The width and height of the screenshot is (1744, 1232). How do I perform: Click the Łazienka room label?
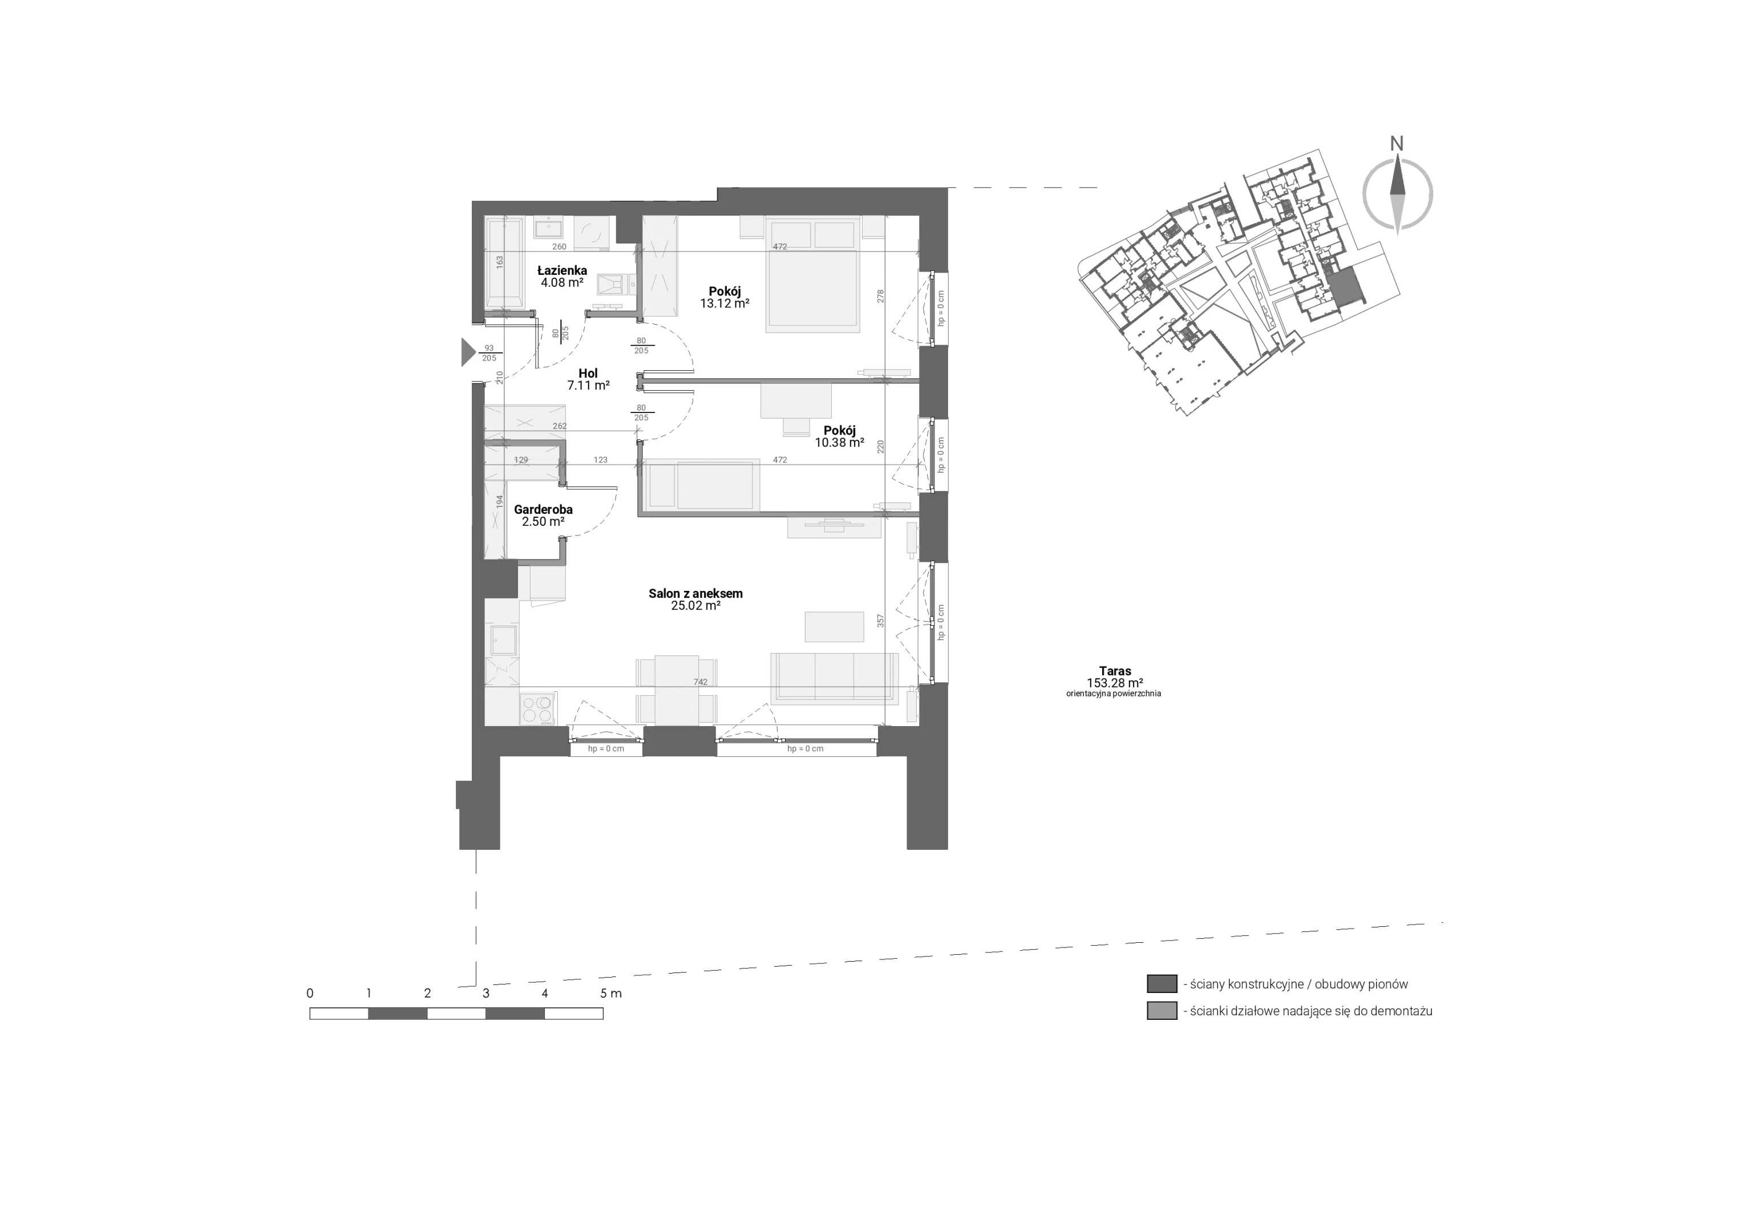pos(562,270)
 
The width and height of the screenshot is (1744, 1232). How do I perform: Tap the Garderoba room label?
pos(543,510)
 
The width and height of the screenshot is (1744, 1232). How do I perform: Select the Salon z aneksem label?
pos(696,594)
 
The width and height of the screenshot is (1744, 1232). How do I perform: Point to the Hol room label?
pos(588,374)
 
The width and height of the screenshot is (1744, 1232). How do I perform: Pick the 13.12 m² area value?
pos(725,303)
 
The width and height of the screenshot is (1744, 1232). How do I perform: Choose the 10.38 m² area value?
pos(839,443)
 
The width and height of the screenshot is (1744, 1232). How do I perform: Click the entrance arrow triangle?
pos(468,352)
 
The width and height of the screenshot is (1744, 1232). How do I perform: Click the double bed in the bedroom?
pos(813,274)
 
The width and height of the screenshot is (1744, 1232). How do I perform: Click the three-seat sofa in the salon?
pos(834,678)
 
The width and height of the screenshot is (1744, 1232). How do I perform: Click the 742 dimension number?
pos(701,682)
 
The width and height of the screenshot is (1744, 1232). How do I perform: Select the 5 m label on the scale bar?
pos(610,994)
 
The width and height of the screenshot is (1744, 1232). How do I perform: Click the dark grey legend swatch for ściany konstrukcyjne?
pos(1162,984)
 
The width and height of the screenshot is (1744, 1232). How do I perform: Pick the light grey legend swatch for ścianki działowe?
pos(1162,1011)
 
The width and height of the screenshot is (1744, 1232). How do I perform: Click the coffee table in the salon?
pos(834,627)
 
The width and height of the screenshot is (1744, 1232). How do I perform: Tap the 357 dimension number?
pos(881,621)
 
